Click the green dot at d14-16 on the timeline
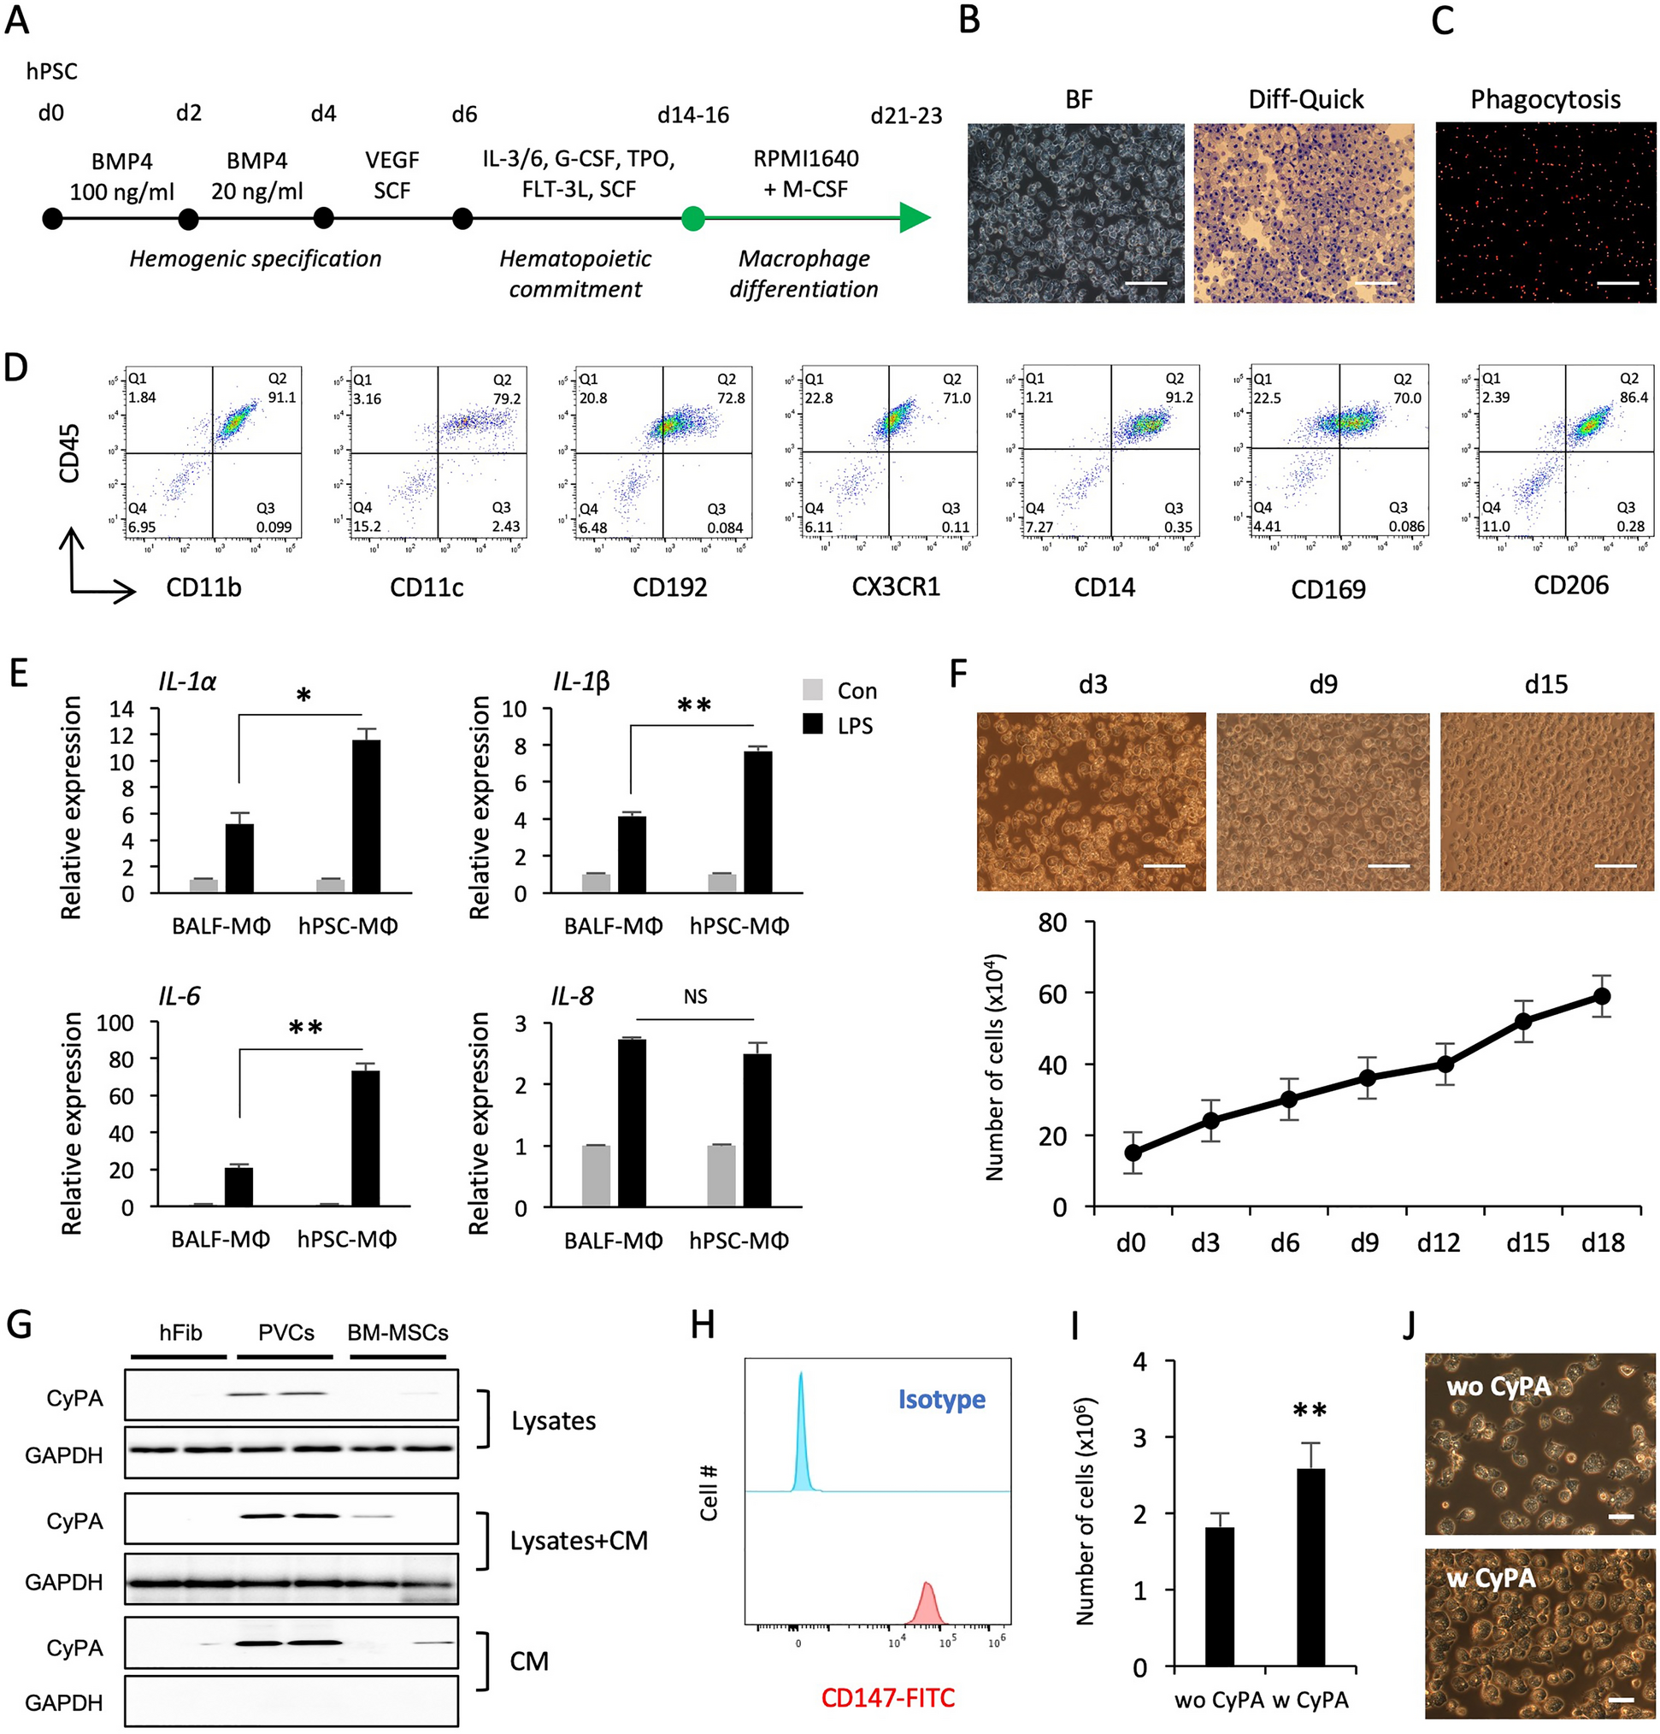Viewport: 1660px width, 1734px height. [693, 218]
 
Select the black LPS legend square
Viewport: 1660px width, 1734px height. [812, 724]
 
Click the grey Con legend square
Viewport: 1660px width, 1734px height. [812, 690]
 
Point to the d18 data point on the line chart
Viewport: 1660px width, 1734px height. [1601, 996]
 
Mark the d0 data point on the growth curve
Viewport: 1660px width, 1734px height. [1133, 1153]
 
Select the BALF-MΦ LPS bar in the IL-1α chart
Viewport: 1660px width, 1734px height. [238, 858]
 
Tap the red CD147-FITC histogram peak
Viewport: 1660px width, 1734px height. [927, 1600]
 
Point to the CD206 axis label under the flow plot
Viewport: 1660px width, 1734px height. [1571, 586]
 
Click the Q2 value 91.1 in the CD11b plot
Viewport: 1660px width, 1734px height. [282, 398]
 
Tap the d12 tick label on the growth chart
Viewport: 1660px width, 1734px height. [1438, 1243]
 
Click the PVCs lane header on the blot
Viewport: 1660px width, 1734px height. [285, 1332]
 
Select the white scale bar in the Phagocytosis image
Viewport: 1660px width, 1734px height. [1618, 283]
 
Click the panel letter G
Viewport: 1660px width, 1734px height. [20, 1325]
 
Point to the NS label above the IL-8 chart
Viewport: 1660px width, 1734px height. [695, 997]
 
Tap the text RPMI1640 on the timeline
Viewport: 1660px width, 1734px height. [806, 159]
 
